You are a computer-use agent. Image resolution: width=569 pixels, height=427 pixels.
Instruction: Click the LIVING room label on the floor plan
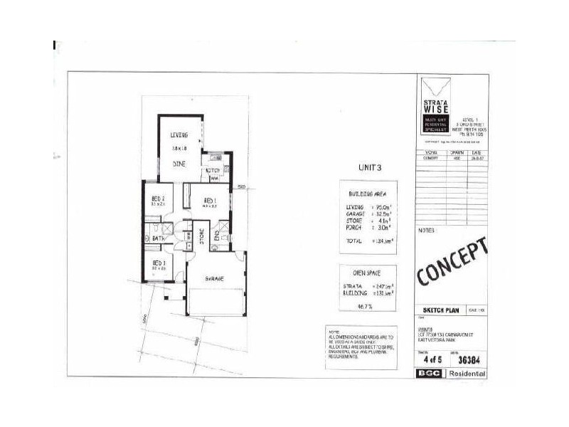[x=179, y=134]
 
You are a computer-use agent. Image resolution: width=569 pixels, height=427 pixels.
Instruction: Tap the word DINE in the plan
[x=179, y=162]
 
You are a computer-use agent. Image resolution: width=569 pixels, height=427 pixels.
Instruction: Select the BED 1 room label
[x=210, y=201]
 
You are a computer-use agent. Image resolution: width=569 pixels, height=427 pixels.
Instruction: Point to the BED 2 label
[x=158, y=199]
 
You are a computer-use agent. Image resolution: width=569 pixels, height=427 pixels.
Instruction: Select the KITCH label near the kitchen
[x=213, y=171]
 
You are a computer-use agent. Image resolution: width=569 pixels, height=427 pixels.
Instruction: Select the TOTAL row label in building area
[x=354, y=241]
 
